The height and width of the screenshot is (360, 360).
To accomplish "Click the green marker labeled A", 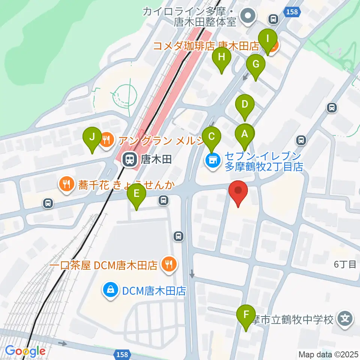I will [244, 134].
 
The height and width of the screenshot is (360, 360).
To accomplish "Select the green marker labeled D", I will [244, 105].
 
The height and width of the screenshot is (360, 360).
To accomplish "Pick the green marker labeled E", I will [136, 194].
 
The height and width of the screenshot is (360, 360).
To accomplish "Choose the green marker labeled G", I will [256, 64].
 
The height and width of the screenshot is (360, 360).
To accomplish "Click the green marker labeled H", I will [222, 57].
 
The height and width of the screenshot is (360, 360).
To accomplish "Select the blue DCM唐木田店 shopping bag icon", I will [111, 290].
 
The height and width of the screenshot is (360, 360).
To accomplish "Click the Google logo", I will [25, 351].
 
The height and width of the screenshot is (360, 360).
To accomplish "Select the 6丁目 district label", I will [345, 265].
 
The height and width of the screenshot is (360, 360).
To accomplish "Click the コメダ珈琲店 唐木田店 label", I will [207, 46].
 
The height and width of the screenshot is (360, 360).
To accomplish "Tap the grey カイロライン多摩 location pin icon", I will [248, 16].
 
